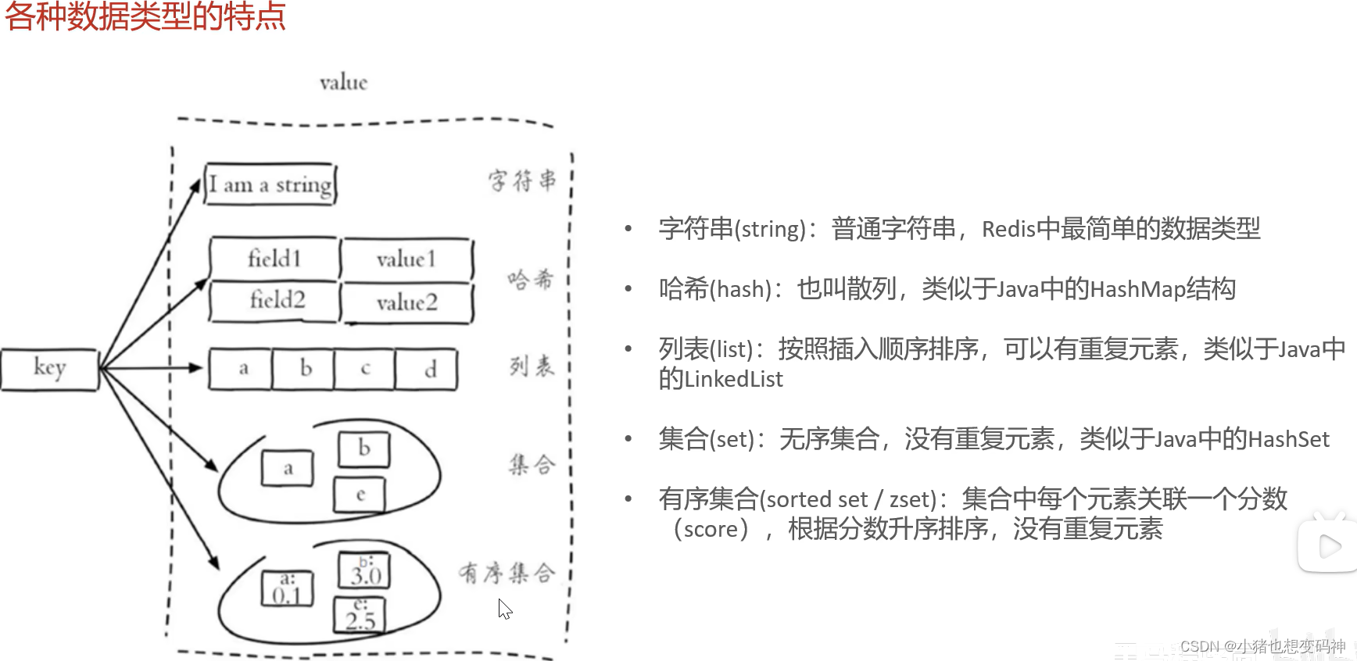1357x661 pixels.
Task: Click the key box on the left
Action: click(x=49, y=369)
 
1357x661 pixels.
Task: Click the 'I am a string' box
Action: click(x=270, y=184)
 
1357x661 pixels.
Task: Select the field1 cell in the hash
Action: click(x=274, y=258)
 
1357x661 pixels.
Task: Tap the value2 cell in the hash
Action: click(x=407, y=302)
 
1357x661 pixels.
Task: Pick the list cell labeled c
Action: click(x=365, y=369)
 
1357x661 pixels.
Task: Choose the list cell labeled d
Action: click(x=428, y=369)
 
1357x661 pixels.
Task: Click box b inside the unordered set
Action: click(x=363, y=448)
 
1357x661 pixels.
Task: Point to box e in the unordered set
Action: click(x=360, y=495)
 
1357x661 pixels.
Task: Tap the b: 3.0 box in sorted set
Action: click(x=364, y=571)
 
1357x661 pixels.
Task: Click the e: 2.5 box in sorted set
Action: click(x=360, y=615)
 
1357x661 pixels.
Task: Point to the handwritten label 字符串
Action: click(x=522, y=180)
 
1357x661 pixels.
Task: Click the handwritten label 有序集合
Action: click(x=507, y=573)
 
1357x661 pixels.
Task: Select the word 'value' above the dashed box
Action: click(x=343, y=82)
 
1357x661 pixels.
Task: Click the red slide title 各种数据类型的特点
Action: click(x=145, y=16)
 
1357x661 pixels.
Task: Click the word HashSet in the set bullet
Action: click(x=1288, y=440)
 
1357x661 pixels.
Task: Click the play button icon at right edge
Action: click(x=1329, y=546)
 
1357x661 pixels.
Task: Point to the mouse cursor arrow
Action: click(x=504, y=608)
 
